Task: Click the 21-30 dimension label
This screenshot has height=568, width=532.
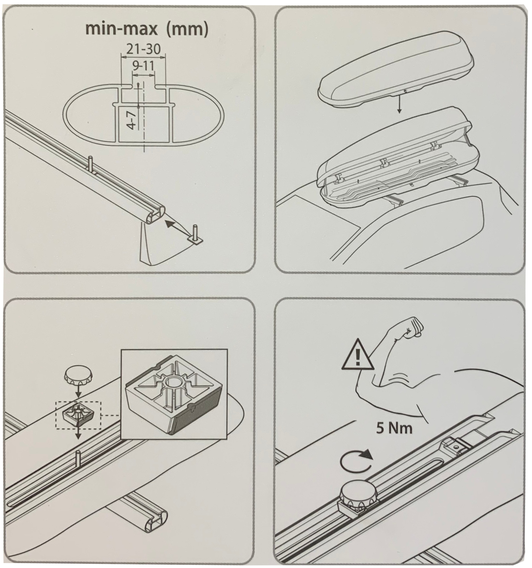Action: click(x=143, y=49)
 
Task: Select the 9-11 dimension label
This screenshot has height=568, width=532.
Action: click(x=143, y=66)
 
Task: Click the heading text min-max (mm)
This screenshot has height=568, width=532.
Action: click(x=147, y=29)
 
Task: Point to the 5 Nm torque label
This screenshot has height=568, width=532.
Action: click(x=394, y=437)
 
